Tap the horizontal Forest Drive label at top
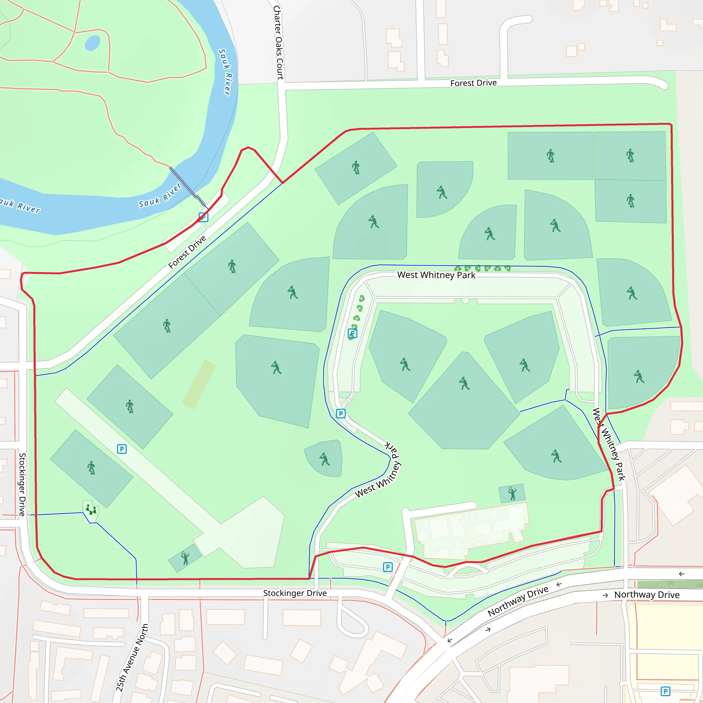[473, 83]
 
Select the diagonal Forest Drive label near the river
[187, 252]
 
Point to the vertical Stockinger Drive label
[22, 484]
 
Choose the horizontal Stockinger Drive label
[295, 593]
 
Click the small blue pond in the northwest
[92, 43]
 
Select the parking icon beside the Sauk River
[203, 217]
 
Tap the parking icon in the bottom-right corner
[665, 691]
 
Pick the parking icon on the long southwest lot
[122, 449]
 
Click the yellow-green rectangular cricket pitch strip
[199, 384]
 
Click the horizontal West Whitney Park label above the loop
[436, 275]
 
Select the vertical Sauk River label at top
[225, 72]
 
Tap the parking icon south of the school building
[388, 567]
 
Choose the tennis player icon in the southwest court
[185, 557]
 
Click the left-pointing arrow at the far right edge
[681, 574]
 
